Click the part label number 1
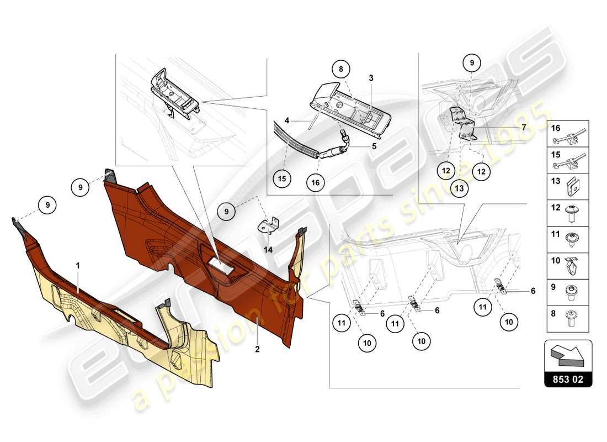[78, 266]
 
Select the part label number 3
[371, 78]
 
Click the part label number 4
[287, 120]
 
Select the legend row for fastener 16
[568, 133]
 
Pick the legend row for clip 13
[568, 186]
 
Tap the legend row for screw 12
[568, 213]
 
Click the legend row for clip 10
[568, 266]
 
